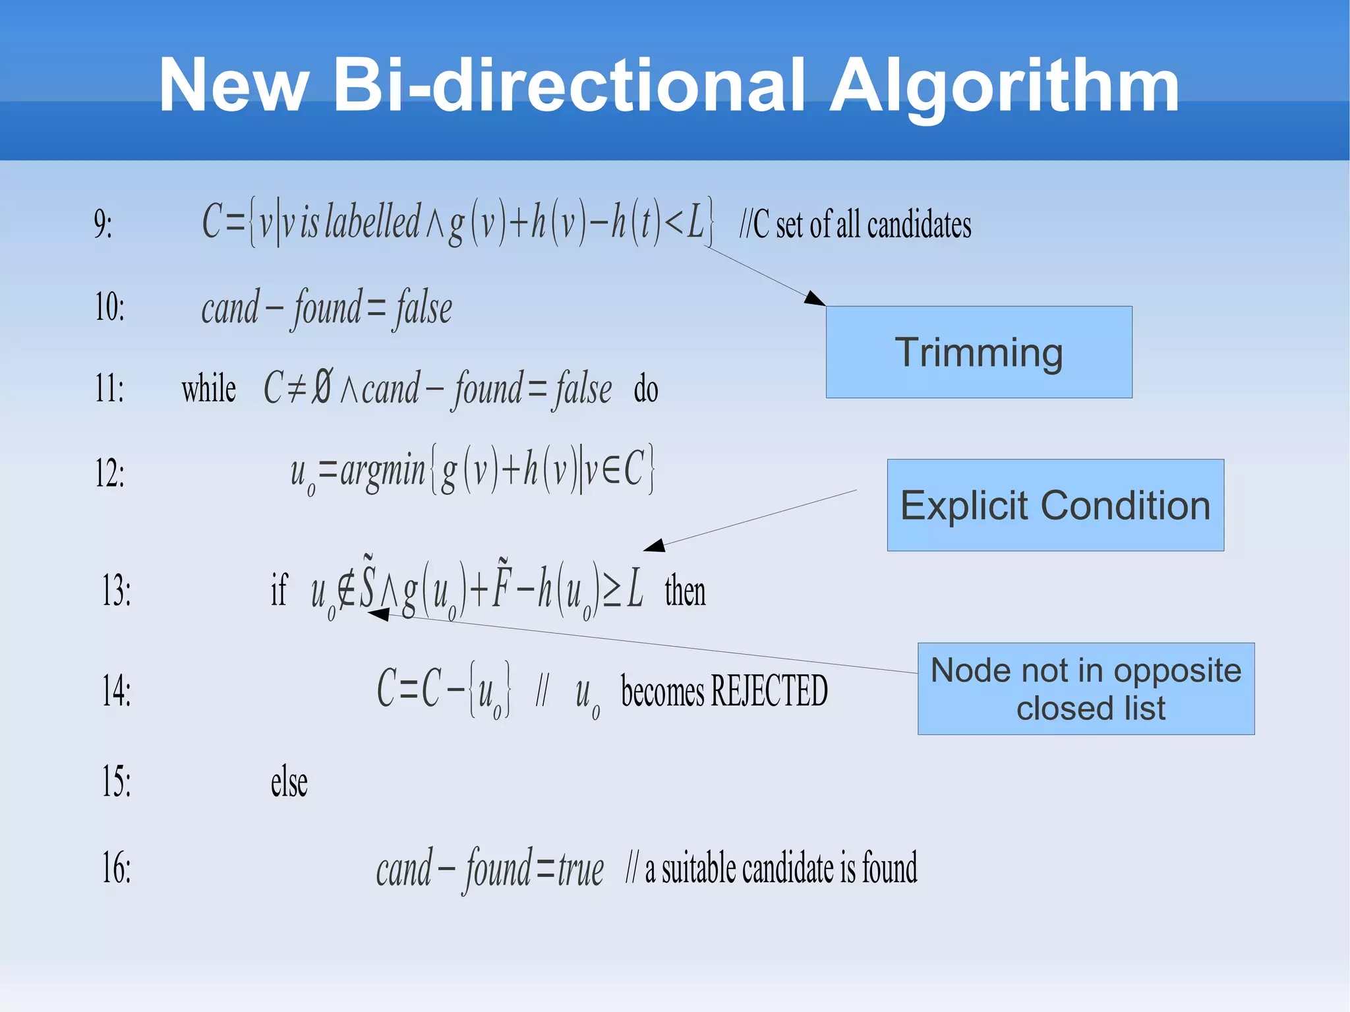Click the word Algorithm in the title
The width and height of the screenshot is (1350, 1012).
click(x=1003, y=86)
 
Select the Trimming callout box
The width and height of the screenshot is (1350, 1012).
click(x=979, y=352)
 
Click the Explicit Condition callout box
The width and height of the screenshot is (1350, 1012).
click(x=1055, y=505)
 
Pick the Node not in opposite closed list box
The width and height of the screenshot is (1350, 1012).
click(x=1086, y=689)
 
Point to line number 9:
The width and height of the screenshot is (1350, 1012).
click(x=103, y=224)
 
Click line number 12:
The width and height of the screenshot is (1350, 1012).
click(x=109, y=473)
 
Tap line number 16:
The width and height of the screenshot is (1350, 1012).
click(x=116, y=868)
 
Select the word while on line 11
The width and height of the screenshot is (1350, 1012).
click(x=208, y=388)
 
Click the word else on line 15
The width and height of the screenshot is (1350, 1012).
click(x=289, y=783)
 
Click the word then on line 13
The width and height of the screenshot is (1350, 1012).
click(x=685, y=591)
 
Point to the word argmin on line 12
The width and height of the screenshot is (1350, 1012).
click(x=382, y=472)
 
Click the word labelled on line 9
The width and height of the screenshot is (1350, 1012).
click(x=372, y=222)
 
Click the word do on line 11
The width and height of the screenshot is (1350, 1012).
click(x=646, y=389)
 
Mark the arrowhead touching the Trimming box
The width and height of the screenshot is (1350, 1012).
click(x=815, y=298)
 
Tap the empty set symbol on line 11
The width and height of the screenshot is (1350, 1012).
click(x=322, y=386)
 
